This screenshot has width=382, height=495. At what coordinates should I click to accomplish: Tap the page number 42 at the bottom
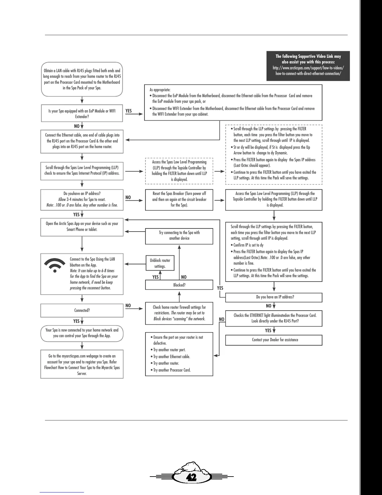click(x=191, y=477)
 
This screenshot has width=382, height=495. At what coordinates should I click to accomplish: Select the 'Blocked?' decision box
click(x=179, y=285)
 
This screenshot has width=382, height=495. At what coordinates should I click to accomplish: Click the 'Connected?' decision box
click(x=82, y=310)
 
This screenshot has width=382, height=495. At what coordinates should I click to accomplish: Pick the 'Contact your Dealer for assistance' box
click(x=273, y=340)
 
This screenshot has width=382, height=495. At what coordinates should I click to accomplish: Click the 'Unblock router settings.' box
click(x=160, y=263)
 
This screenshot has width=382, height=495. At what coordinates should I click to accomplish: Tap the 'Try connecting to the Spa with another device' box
click(x=179, y=236)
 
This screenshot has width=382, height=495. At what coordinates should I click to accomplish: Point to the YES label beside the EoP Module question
click(x=129, y=111)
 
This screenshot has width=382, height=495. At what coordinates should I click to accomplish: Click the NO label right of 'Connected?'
click(x=128, y=305)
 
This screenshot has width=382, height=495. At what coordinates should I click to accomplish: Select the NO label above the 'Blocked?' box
click(x=184, y=277)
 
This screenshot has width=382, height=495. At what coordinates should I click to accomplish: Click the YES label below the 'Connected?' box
click(x=76, y=321)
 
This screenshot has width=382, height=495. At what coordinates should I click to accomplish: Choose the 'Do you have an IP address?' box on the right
click(x=273, y=297)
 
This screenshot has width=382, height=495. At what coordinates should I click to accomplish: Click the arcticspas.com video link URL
click(x=308, y=71)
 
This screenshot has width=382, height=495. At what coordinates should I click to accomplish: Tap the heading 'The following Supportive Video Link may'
click(x=308, y=56)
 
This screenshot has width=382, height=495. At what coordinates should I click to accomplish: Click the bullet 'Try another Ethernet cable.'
click(x=171, y=357)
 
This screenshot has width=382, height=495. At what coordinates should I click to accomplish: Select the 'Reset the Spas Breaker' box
click(x=179, y=199)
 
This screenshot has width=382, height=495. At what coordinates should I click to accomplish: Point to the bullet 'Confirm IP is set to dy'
click(x=248, y=245)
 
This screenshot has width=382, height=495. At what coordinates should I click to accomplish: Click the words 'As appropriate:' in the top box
click(x=160, y=90)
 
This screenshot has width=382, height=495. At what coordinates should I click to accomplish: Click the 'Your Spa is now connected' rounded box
click(x=82, y=333)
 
